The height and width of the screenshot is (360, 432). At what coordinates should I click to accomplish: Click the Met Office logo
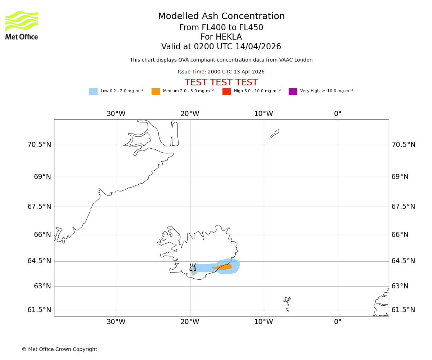(x=22, y=25)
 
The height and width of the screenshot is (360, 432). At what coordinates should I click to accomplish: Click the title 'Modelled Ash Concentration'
(x=221, y=17)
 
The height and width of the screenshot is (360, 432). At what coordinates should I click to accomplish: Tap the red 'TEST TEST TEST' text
(x=221, y=83)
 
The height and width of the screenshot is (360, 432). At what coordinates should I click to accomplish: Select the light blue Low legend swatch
(x=93, y=91)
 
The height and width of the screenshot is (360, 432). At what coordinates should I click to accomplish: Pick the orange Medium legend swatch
(x=156, y=91)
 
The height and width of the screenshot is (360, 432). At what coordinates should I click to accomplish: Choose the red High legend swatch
(x=226, y=91)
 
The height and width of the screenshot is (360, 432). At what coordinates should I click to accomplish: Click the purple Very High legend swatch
(x=293, y=91)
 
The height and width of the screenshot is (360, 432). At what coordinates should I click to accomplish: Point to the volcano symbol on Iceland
(x=193, y=267)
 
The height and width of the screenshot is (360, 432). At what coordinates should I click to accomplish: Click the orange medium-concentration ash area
(x=225, y=267)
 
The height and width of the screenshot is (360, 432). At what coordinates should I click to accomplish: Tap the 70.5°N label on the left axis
(x=39, y=145)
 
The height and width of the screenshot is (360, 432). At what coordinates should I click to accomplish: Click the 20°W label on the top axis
(x=190, y=114)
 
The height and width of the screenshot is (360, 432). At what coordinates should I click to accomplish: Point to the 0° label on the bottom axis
(x=338, y=322)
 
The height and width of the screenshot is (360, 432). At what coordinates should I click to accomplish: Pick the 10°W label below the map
(x=264, y=322)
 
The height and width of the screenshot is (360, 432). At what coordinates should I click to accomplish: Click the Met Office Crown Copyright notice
(x=59, y=350)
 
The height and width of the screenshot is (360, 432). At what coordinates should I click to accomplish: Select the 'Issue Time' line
(x=221, y=72)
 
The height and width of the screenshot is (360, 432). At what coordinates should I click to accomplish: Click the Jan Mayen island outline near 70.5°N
(x=275, y=133)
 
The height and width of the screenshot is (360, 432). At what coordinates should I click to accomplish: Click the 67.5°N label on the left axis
(x=39, y=207)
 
